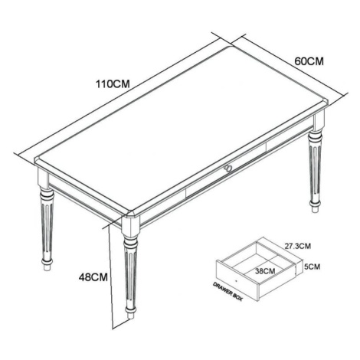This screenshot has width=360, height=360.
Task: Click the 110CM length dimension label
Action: tap(113, 83)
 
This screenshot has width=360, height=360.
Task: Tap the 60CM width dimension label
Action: tap(309, 61)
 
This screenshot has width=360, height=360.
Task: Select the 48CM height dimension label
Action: tap(93, 277)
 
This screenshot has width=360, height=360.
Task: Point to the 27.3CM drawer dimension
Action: tap(298, 246)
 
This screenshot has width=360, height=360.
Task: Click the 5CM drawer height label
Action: tap(312, 267)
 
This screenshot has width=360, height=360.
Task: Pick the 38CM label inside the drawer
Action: tap(265, 271)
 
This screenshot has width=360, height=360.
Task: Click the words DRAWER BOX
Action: tap(227, 292)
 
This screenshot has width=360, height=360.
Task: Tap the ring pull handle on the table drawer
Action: tap(227, 168)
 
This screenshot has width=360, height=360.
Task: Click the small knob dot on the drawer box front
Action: tap(236, 280)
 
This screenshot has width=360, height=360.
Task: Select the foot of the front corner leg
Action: tap(130, 313)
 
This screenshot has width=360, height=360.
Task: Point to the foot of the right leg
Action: tap(315, 206)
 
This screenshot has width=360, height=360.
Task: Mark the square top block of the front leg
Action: tap(130, 226)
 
